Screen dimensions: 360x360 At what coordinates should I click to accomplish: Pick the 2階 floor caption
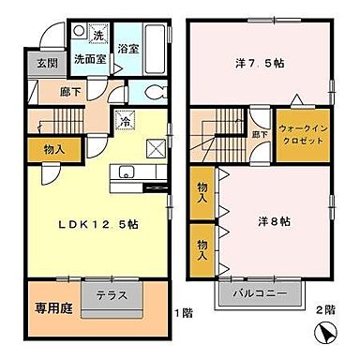[x=327, y=310]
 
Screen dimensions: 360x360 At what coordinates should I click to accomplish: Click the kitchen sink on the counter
[x=126, y=172]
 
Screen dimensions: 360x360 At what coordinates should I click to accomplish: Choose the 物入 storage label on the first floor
[x=54, y=148]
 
